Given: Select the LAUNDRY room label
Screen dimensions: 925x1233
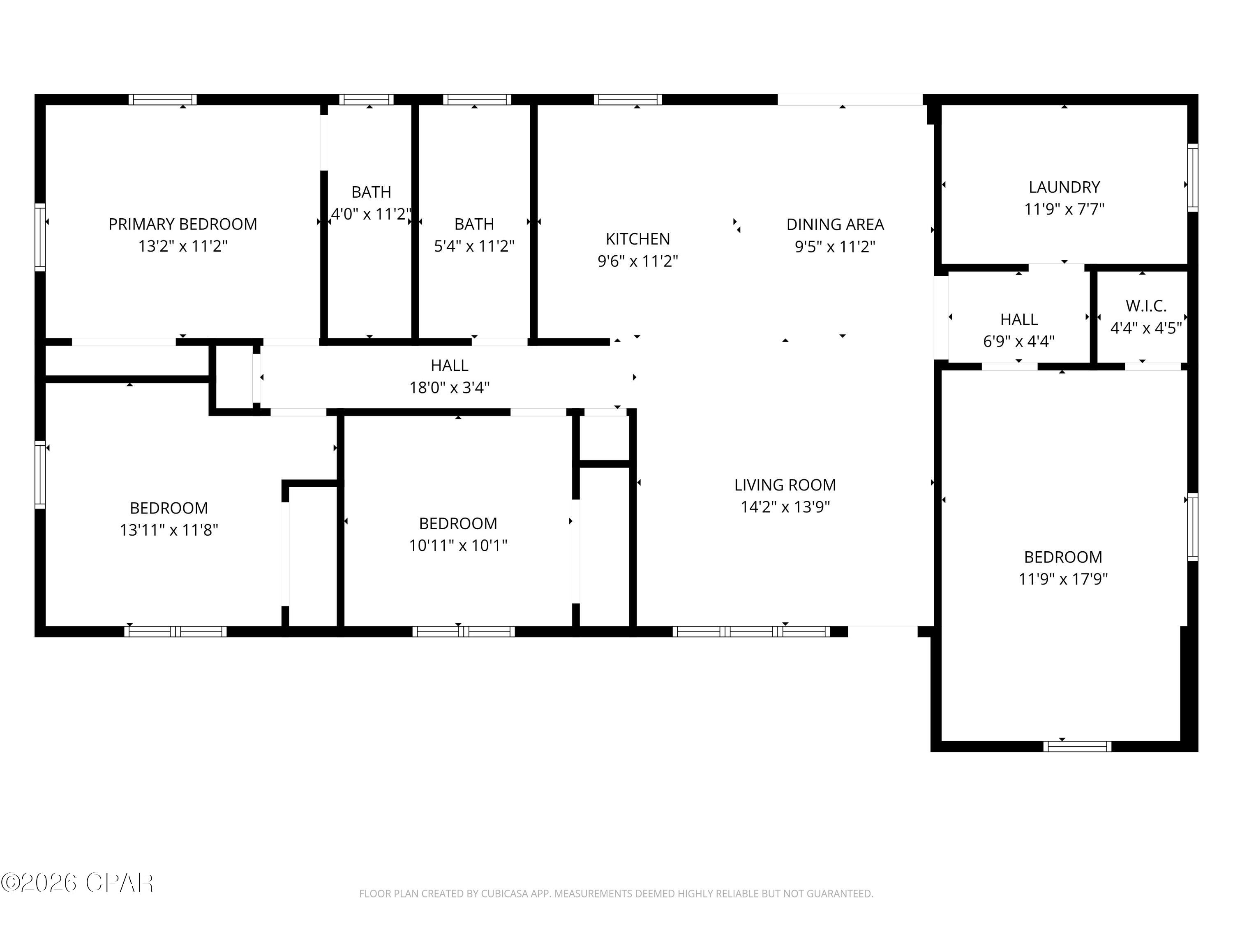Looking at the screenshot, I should [1064, 187].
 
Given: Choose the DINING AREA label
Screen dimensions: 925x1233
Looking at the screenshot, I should [834, 224].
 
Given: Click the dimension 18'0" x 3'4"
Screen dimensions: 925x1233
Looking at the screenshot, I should [449, 387].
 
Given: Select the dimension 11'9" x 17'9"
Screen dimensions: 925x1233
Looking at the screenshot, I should [1062, 579].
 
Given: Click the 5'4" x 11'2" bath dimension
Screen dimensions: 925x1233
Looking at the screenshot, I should [474, 246].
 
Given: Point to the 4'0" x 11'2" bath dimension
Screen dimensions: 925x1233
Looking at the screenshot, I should [371, 213].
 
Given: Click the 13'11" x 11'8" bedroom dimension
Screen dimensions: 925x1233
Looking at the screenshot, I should [169, 529].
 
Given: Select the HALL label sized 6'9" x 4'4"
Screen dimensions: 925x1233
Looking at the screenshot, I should [1018, 319].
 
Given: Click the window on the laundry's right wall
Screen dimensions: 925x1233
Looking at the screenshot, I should [1192, 177].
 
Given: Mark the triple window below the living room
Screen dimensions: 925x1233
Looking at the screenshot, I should [751, 631].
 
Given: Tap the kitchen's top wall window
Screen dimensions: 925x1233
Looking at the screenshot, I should [627, 100].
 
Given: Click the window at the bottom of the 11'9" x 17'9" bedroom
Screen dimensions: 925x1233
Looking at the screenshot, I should [1076, 746].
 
